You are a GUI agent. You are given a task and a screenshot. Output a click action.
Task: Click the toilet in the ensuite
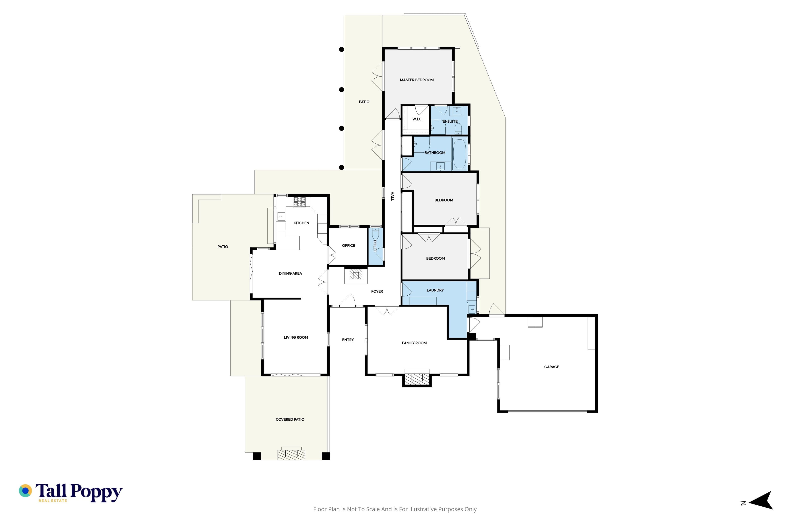(458, 128)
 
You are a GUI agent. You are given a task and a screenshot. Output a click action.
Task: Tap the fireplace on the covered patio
(291, 455)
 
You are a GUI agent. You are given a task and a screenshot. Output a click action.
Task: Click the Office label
(348, 246)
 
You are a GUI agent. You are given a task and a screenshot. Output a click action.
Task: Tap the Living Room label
(296, 337)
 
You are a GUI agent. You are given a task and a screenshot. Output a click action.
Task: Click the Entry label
(348, 340)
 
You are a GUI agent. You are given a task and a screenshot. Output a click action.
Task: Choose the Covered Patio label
(290, 420)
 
